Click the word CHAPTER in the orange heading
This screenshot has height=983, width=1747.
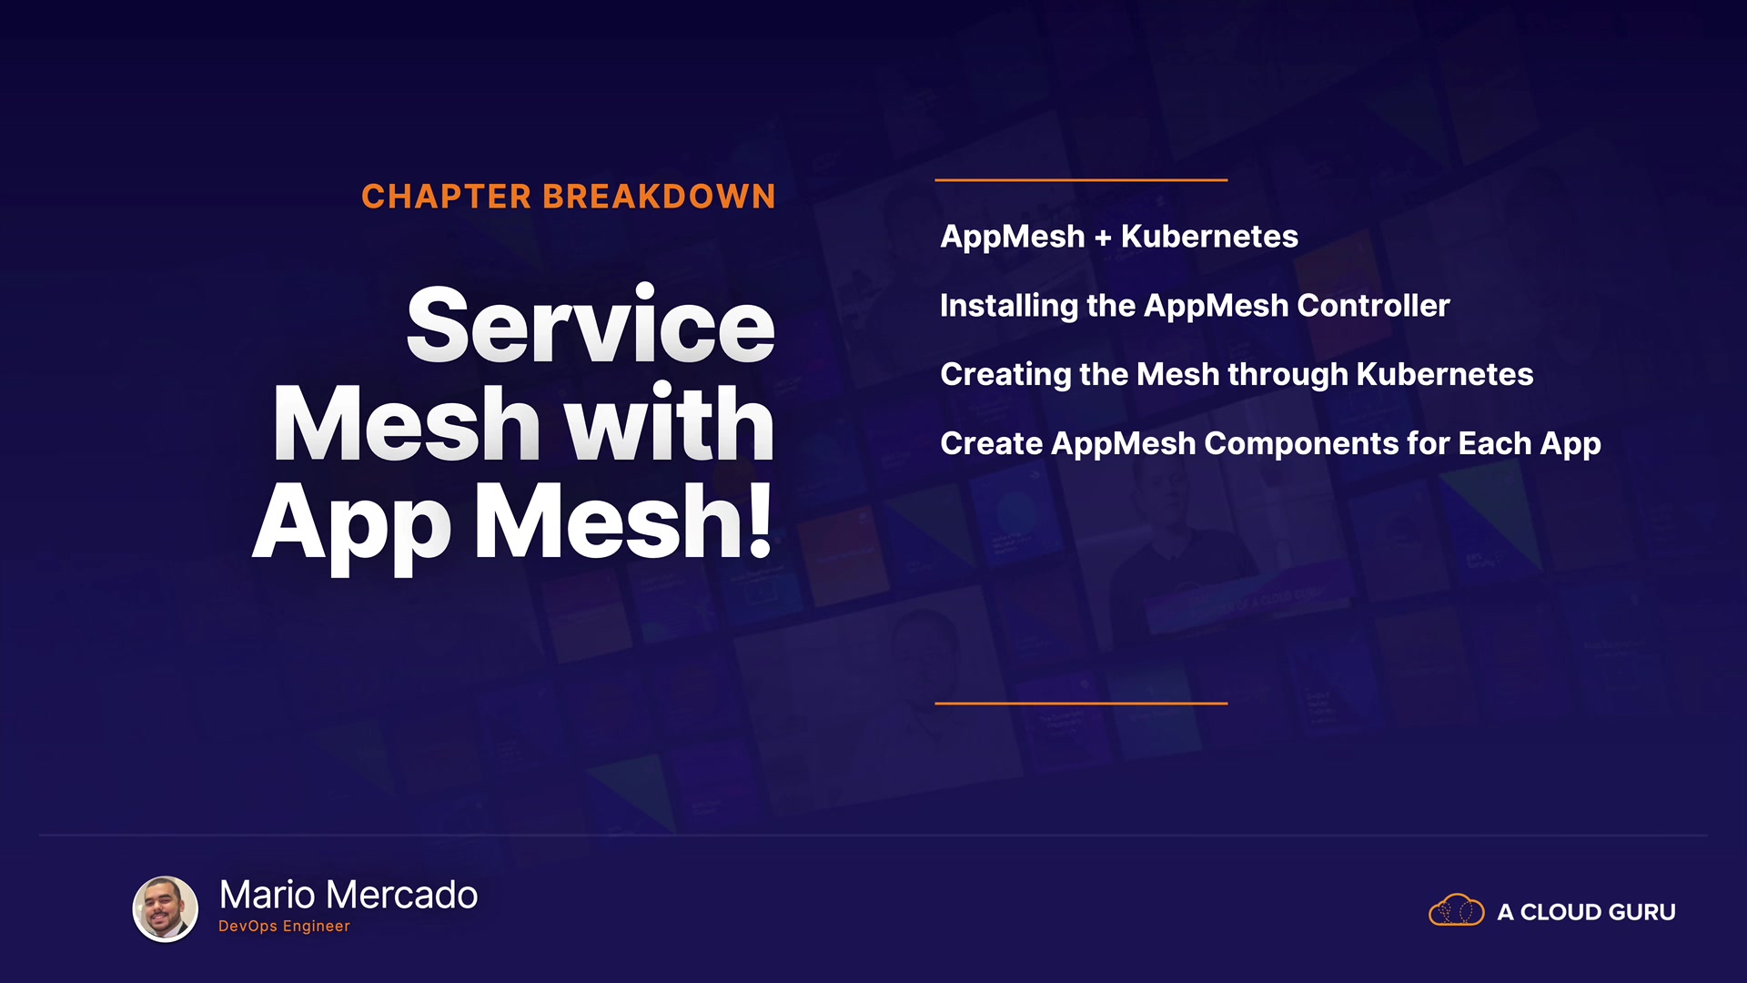point(446,197)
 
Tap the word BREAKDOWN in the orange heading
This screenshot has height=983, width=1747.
point(660,197)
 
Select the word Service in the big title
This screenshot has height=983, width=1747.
point(591,324)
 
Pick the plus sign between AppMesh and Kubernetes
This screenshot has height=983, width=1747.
point(1103,238)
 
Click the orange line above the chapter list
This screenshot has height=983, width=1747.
point(1081,180)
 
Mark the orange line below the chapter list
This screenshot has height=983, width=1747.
point(1081,704)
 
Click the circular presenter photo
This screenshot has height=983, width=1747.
point(166,908)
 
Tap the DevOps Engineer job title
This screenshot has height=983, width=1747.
point(284,927)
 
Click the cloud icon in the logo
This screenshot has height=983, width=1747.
point(1456,910)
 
